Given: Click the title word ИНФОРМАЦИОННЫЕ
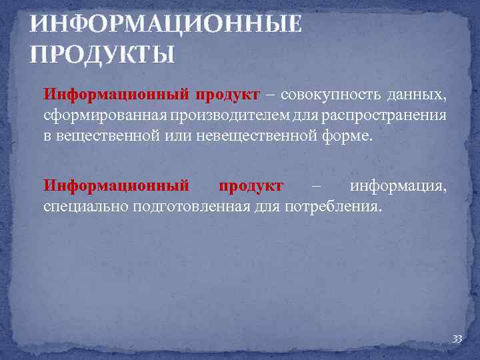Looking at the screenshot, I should [x=165, y=25].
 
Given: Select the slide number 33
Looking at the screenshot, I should [x=457, y=339].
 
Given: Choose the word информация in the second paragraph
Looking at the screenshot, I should [x=398, y=185].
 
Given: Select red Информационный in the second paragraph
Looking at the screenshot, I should [x=115, y=185].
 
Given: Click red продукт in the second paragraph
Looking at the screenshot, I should [x=251, y=185].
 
